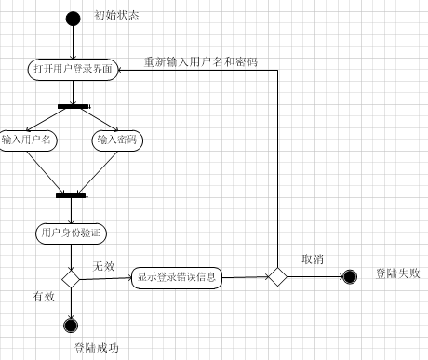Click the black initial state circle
[x=73, y=18]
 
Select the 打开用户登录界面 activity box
[x=73, y=70]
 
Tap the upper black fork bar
[x=73, y=106]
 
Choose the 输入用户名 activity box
[x=28, y=140]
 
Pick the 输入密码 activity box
[x=116, y=140]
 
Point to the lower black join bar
[x=72, y=195]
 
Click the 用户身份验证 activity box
[x=72, y=231]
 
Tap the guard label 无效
[x=102, y=266]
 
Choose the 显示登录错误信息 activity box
[x=176, y=276]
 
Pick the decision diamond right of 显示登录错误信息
[x=276, y=276]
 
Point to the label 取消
[x=313, y=260]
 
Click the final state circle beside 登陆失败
[x=350, y=276]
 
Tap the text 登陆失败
[x=397, y=273]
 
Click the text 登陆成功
[x=96, y=348]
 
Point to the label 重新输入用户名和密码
[x=200, y=61]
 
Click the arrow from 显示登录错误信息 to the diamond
[x=245, y=276]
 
